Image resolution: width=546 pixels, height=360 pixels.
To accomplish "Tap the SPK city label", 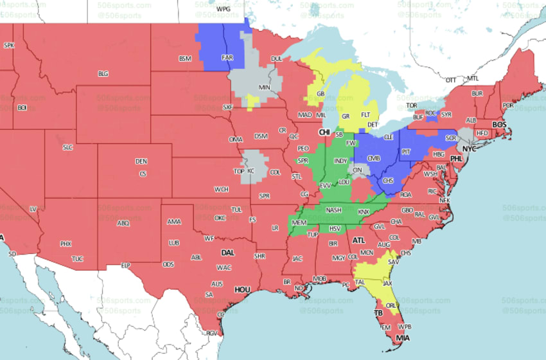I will point(9,46).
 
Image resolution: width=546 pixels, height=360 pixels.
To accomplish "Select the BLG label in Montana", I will point(103,73).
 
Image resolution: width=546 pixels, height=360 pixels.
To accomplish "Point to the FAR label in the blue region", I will point(227,57).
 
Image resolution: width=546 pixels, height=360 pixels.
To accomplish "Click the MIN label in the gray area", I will point(264,87).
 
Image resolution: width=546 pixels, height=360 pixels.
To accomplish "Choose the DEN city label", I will point(141,161).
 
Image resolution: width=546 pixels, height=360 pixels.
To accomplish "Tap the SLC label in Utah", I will point(67,147).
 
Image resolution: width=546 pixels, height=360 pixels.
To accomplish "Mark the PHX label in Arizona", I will point(66,244).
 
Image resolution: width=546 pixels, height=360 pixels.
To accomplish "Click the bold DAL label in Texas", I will point(228,253).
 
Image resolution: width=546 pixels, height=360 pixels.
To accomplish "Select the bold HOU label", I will point(242,290).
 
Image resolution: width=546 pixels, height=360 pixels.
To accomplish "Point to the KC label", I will point(251,172).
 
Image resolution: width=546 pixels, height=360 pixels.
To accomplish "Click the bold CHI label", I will point(325,132).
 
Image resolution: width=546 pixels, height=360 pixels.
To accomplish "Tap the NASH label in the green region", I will point(333,210).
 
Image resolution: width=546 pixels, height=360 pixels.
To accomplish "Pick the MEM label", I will point(299,222).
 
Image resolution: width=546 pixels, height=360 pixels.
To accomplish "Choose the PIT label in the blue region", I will point(405,152).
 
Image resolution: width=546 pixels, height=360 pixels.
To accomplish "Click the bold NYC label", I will point(471,148).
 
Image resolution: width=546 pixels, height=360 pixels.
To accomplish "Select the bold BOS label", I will point(499,124).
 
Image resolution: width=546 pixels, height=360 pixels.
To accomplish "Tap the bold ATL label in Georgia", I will point(358,240).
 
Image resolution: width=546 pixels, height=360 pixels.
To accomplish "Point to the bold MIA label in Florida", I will point(403,338).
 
